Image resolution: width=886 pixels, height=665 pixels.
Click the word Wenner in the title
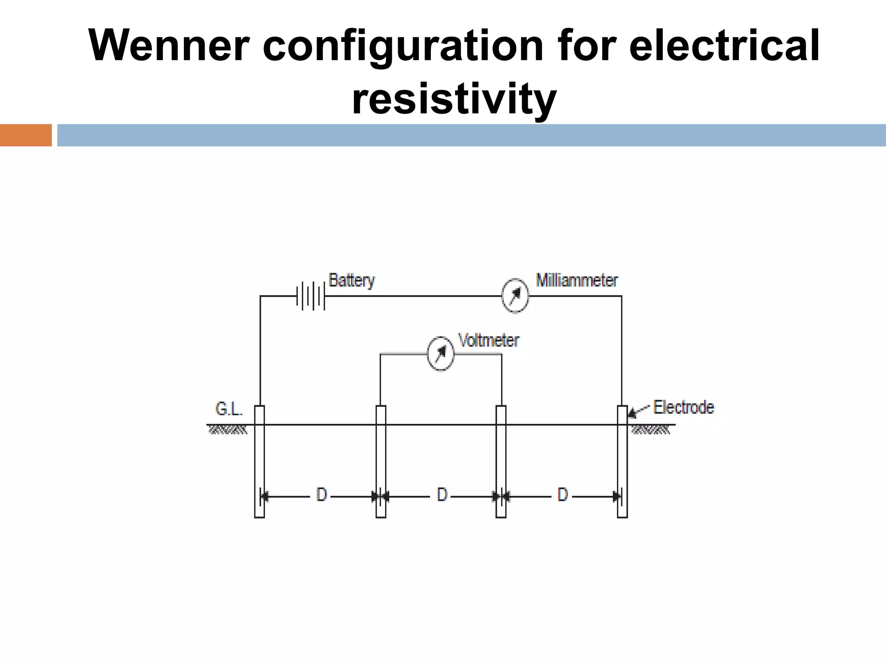pos(169,46)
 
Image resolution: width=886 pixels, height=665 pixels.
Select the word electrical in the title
pos(724,46)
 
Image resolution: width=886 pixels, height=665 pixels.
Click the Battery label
pos(351,281)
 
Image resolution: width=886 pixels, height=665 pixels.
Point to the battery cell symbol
pos(311,296)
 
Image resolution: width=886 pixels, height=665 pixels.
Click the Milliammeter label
pos(577,281)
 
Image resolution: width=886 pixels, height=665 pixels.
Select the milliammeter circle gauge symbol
pos(515,296)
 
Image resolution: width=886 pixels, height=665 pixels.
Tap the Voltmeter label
pos(488,341)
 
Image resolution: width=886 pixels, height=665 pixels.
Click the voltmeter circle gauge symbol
pos(440,354)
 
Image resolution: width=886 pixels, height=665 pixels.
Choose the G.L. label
pos(229,409)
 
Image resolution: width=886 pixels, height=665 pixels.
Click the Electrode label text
pos(684,407)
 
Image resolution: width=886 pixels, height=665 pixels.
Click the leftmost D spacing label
pos(321,494)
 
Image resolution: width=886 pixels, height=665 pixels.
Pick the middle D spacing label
pos(442,494)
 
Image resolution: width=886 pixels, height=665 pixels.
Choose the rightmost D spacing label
pos(562,494)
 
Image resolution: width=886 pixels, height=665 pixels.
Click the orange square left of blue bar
pos(26,135)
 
